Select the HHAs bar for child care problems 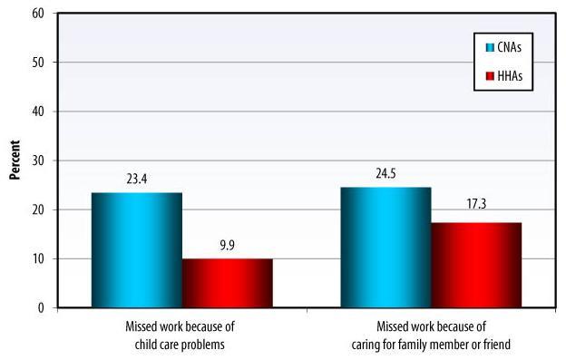pos(227,283)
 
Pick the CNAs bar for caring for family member pos(385,247)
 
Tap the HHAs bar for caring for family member pos(475,265)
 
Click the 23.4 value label pos(137,179)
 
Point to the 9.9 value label pos(227,245)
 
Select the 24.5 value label pos(385,173)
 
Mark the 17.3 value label pos(475,208)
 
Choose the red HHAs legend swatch pos(490,77)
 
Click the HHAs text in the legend pos(511,77)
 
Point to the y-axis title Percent pos(15,160)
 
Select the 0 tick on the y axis pos(43,308)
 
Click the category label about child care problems pos(183,335)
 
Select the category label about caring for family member pos(431,335)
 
